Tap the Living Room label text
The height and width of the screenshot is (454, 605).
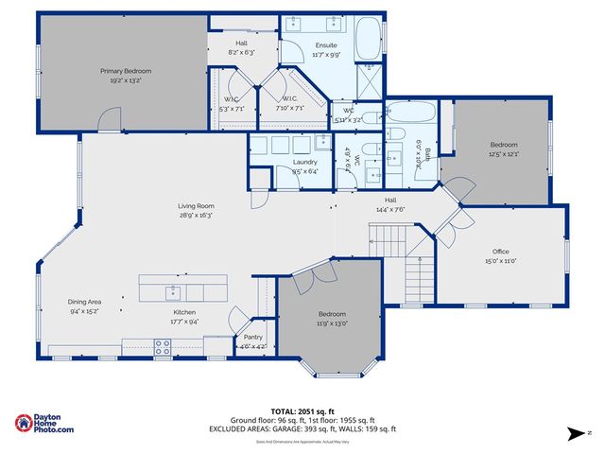(196, 206)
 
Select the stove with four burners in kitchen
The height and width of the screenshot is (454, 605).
(162, 349)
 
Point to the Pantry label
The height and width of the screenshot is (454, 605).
(253, 337)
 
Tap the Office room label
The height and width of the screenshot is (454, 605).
(501, 252)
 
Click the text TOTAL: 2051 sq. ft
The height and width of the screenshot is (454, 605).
(302, 410)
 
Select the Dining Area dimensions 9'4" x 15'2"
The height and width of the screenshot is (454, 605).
(83, 311)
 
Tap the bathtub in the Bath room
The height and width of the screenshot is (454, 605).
(412, 113)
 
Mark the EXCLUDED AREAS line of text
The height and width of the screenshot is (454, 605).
(302, 429)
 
